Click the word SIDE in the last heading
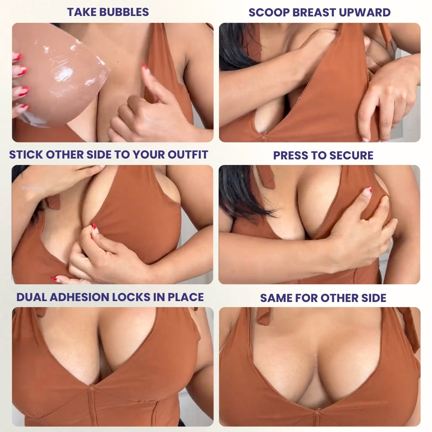tap(373, 298)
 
